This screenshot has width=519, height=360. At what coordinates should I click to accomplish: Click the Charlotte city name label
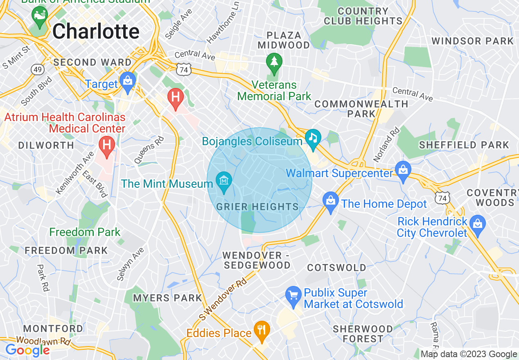pyautogui.click(x=96, y=32)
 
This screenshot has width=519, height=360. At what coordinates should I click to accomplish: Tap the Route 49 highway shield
pyautogui.click(x=38, y=70)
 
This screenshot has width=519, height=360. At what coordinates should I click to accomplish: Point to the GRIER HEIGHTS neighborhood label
pyautogui.click(x=257, y=207)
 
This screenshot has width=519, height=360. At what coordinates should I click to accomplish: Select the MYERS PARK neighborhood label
pyautogui.click(x=167, y=298)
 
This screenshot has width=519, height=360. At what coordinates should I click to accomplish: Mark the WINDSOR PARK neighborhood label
pyautogui.click(x=472, y=41)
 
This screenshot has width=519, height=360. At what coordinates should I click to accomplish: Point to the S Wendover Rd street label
pyautogui.click(x=223, y=299)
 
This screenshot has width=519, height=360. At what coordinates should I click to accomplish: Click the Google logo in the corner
pyautogui.click(x=27, y=350)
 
